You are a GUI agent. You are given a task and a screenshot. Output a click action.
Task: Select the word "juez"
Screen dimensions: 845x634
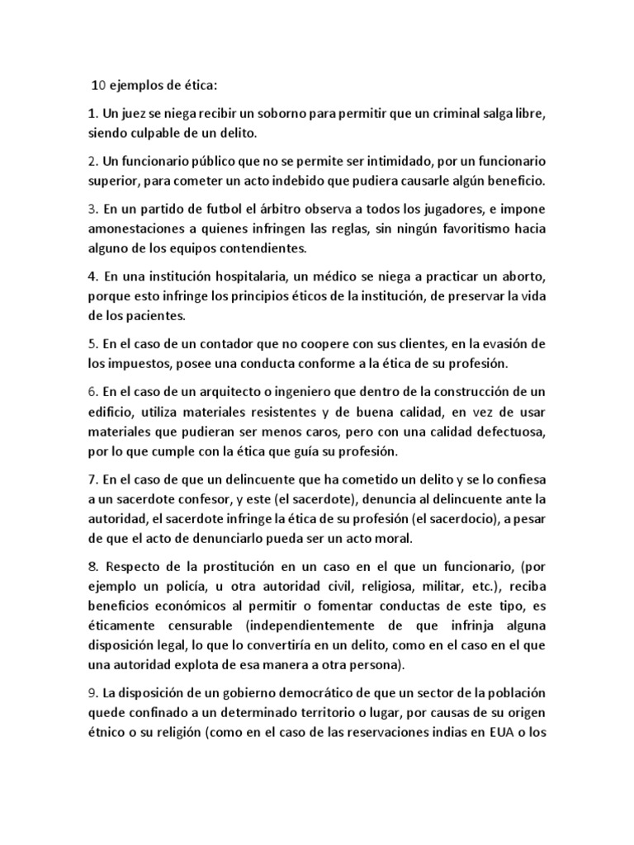pos(130,111)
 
